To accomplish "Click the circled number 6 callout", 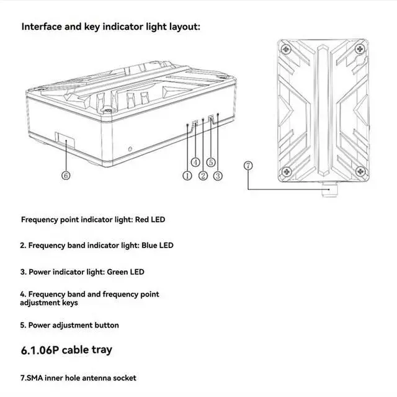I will pyautogui.click(x=66, y=176).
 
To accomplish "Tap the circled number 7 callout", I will pyautogui.click(x=248, y=165).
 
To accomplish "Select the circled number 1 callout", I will pyautogui.click(x=187, y=176).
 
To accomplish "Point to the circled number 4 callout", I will pyautogui.click(x=195, y=162).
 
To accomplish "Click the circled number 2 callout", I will pyautogui.click(x=202, y=176).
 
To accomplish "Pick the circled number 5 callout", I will pyautogui.click(x=211, y=162).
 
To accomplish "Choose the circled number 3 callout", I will pyautogui.click(x=218, y=176).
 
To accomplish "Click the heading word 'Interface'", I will pyautogui.click(x=45, y=27).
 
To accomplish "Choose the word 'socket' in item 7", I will pyautogui.click(x=122, y=378).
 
